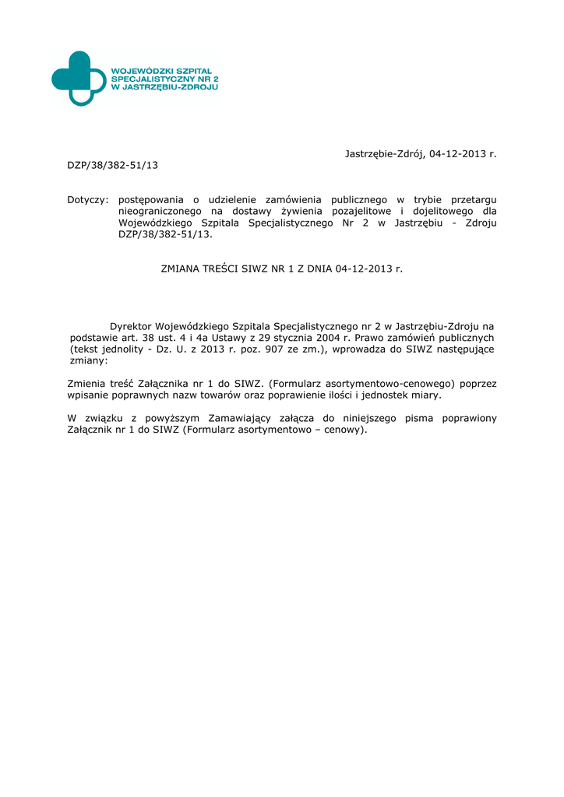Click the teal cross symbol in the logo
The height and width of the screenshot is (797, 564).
[78, 78]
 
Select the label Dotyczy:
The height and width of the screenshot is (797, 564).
[87, 200]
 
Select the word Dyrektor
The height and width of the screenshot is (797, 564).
[130, 326]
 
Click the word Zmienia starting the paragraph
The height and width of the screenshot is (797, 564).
[89, 384]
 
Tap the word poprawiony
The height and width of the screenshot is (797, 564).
[469, 419]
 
